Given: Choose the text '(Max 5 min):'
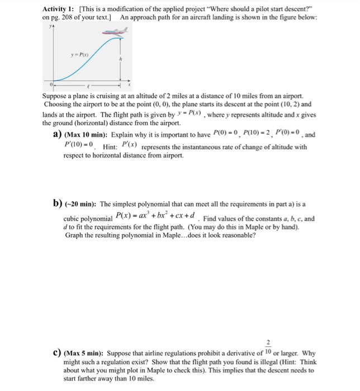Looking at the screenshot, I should coord(84,354).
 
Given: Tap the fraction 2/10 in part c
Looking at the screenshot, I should coord(268,347).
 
